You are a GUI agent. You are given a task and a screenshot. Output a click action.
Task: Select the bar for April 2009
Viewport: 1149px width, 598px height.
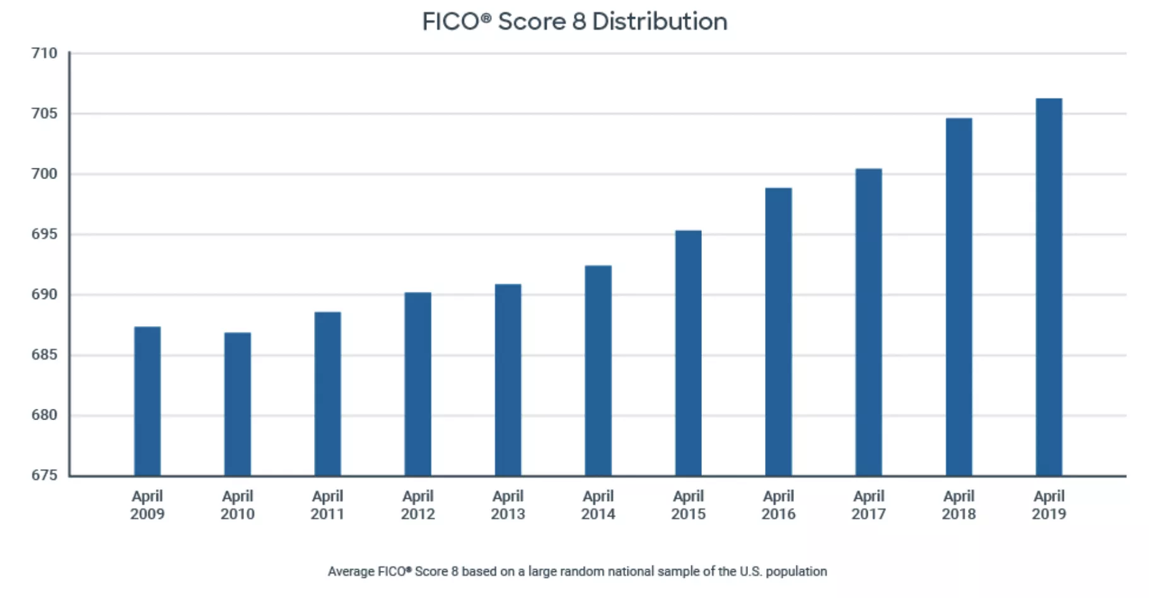tap(148, 401)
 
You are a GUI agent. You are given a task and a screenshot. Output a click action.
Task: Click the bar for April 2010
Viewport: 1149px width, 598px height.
tap(238, 404)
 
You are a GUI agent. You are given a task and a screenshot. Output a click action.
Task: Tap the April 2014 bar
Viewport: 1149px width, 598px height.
tap(598, 370)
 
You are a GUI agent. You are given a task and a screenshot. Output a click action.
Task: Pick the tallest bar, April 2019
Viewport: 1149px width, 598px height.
tap(1049, 287)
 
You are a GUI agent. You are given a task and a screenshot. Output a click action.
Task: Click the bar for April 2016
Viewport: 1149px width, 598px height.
tap(778, 332)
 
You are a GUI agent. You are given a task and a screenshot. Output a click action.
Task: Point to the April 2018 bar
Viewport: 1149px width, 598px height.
tap(959, 297)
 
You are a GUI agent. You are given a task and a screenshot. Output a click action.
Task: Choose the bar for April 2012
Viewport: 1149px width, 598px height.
tap(417, 384)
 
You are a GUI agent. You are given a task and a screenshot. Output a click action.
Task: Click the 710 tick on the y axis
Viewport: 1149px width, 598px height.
tap(44, 54)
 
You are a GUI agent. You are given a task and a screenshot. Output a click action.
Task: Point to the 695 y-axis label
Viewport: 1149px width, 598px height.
tap(44, 235)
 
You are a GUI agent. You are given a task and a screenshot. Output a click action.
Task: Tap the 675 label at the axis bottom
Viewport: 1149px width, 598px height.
tap(44, 475)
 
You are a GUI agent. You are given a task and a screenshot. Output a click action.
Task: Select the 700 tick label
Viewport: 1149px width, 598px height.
tap(44, 174)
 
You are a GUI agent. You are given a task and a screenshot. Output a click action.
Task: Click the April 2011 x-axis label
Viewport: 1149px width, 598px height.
tap(327, 505)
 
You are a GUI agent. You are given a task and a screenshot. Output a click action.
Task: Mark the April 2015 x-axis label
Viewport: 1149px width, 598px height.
tap(688, 505)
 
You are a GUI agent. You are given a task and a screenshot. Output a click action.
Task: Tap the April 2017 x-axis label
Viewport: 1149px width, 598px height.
tap(868, 505)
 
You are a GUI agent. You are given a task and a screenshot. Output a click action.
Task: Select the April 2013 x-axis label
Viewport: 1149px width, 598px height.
tap(508, 505)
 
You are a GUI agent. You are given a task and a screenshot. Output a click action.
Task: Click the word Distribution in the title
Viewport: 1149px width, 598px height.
tap(660, 22)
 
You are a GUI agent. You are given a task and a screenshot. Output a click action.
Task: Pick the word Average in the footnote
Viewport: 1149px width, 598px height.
tap(351, 572)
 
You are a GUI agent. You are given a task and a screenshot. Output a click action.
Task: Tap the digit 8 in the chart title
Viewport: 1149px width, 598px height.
tap(579, 22)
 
